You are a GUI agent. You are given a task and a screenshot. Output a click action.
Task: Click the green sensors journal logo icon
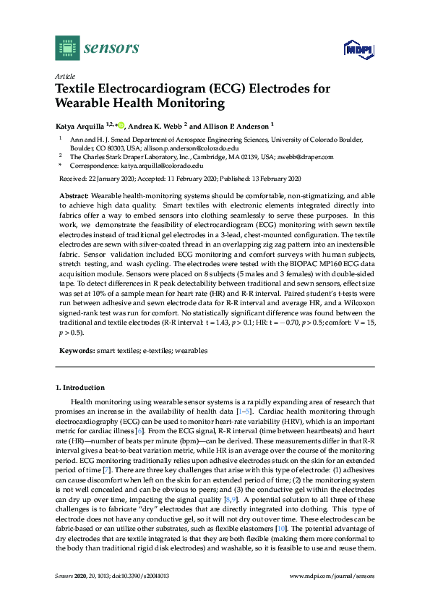(66, 48)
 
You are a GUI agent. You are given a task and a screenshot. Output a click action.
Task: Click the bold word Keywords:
(76, 350)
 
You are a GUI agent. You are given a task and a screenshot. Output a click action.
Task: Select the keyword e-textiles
(158, 350)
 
